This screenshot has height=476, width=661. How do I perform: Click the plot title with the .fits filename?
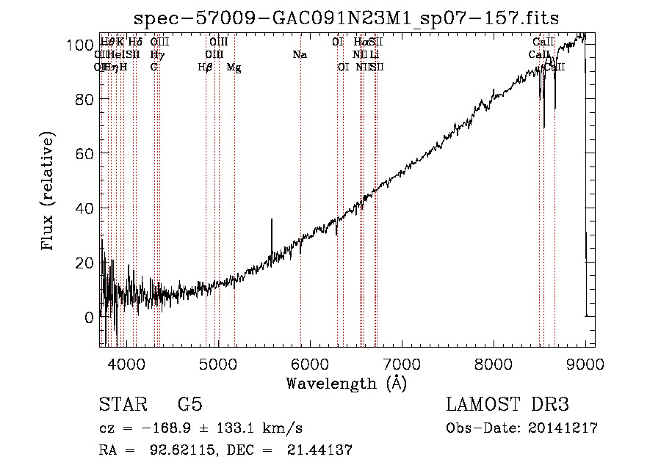click(x=348, y=18)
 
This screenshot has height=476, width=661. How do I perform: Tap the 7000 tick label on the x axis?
click(x=401, y=364)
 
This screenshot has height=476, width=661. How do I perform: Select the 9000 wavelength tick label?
click(x=585, y=364)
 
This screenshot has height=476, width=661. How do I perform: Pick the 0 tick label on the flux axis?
click(x=89, y=318)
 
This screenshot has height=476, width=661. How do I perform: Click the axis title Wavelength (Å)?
click(x=347, y=383)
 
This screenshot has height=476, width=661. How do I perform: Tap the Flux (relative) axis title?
click(x=49, y=192)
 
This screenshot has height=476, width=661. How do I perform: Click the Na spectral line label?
click(x=300, y=55)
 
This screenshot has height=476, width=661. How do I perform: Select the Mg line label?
click(x=234, y=67)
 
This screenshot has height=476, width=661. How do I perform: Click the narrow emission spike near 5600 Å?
click(x=272, y=220)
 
